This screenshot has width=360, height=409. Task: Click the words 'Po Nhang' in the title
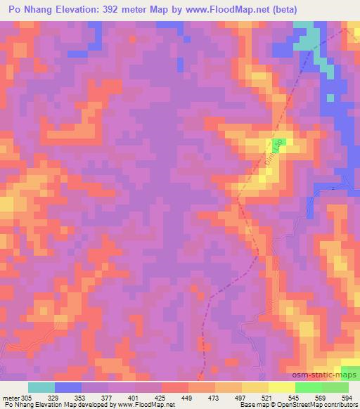tap(29, 9)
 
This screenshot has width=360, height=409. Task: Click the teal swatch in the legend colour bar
tap(41, 387)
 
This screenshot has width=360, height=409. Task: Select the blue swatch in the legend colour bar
tap(68, 387)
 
